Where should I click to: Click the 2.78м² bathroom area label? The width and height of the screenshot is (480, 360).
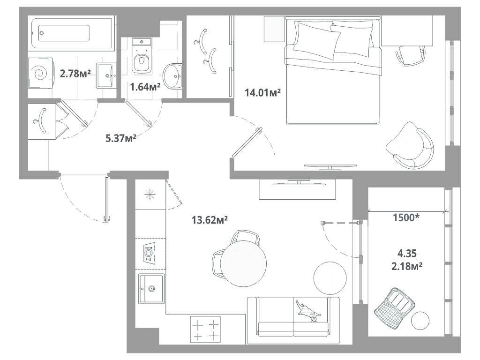[x=75, y=74]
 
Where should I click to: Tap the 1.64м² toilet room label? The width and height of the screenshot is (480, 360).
[x=145, y=87]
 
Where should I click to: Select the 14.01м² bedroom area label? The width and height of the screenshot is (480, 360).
[x=262, y=92]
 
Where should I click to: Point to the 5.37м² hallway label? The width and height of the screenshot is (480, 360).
[x=121, y=138]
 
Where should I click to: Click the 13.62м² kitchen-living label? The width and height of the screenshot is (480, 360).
[x=210, y=220]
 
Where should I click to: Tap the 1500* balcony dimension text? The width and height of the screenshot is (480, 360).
[x=406, y=217]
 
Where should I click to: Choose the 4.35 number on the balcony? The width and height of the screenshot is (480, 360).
[x=407, y=254]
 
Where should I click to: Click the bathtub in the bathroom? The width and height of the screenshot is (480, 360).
[x=72, y=33]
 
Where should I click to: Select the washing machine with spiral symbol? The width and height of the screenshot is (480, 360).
[x=41, y=73]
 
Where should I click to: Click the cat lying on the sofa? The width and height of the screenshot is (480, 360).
[x=308, y=312]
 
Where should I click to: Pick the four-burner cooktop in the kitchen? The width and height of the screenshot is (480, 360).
[x=205, y=330]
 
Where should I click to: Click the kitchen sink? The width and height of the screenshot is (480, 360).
[x=151, y=289]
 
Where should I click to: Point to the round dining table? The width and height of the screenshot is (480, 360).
[x=244, y=264]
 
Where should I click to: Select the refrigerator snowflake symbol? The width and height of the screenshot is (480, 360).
[x=150, y=195]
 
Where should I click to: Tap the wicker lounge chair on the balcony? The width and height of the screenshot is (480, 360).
[x=394, y=308]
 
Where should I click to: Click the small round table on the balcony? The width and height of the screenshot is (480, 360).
[x=420, y=321]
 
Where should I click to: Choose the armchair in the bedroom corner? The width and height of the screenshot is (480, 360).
[x=410, y=145]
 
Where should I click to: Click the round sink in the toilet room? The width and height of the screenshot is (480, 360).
[x=172, y=76]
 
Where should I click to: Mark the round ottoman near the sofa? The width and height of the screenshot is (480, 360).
[x=330, y=278]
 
